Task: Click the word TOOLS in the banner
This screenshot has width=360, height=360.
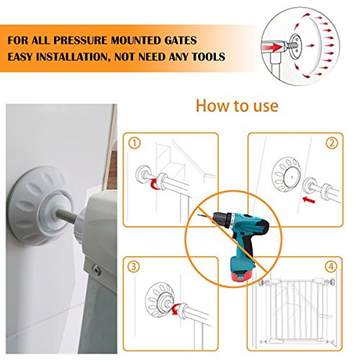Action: click(209, 57)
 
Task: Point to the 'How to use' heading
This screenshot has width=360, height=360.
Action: click(237, 106)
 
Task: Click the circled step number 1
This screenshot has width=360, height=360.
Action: click(135, 143)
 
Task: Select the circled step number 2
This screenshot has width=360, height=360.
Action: click(332, 143)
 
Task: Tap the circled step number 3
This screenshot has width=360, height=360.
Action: click(134, 266)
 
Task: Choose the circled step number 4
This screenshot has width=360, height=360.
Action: click(331, 266)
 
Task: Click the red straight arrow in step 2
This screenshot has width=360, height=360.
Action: click(309, 199)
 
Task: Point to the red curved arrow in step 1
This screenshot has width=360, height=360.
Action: click(153, 185)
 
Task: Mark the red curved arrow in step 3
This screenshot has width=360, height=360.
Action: click(175, 309)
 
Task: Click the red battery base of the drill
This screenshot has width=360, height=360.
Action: click(241, 276)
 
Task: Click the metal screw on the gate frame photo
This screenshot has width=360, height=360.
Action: click(96, 269)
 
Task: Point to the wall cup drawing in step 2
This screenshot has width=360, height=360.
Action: click(286, 174)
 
